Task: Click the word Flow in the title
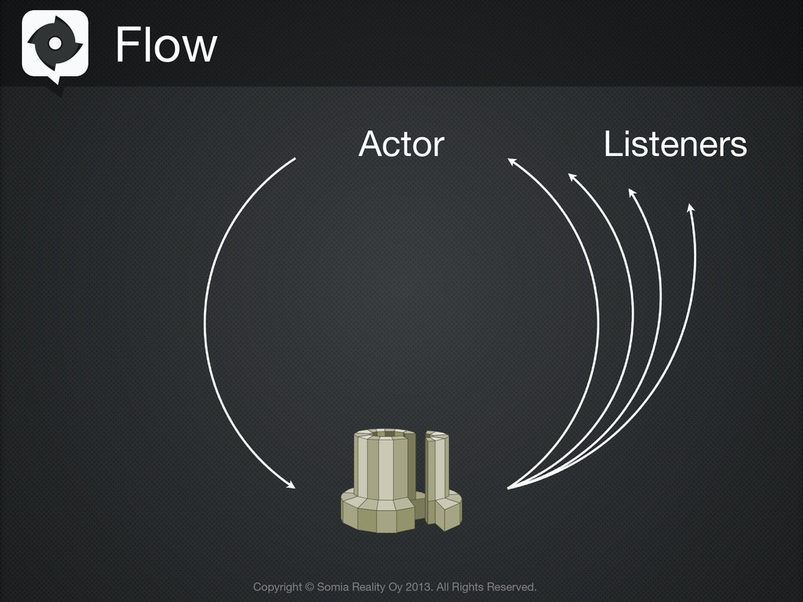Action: tap(165, 45)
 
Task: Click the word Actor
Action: tap(401, 144)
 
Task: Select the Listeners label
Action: tap(675, 144)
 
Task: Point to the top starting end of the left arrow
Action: tap(294, 159)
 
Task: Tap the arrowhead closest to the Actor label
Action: tap(511, 161)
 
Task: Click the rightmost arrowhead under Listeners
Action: tap(690, 208)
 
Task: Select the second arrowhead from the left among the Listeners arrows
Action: tap(572, 176)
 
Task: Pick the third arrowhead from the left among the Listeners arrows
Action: tap(631, 191)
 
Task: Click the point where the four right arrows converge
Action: tap(510, 488)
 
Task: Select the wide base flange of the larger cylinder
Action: tap(378, 513)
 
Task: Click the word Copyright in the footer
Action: tap(277, 586)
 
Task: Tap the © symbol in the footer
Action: tap(309, 586)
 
